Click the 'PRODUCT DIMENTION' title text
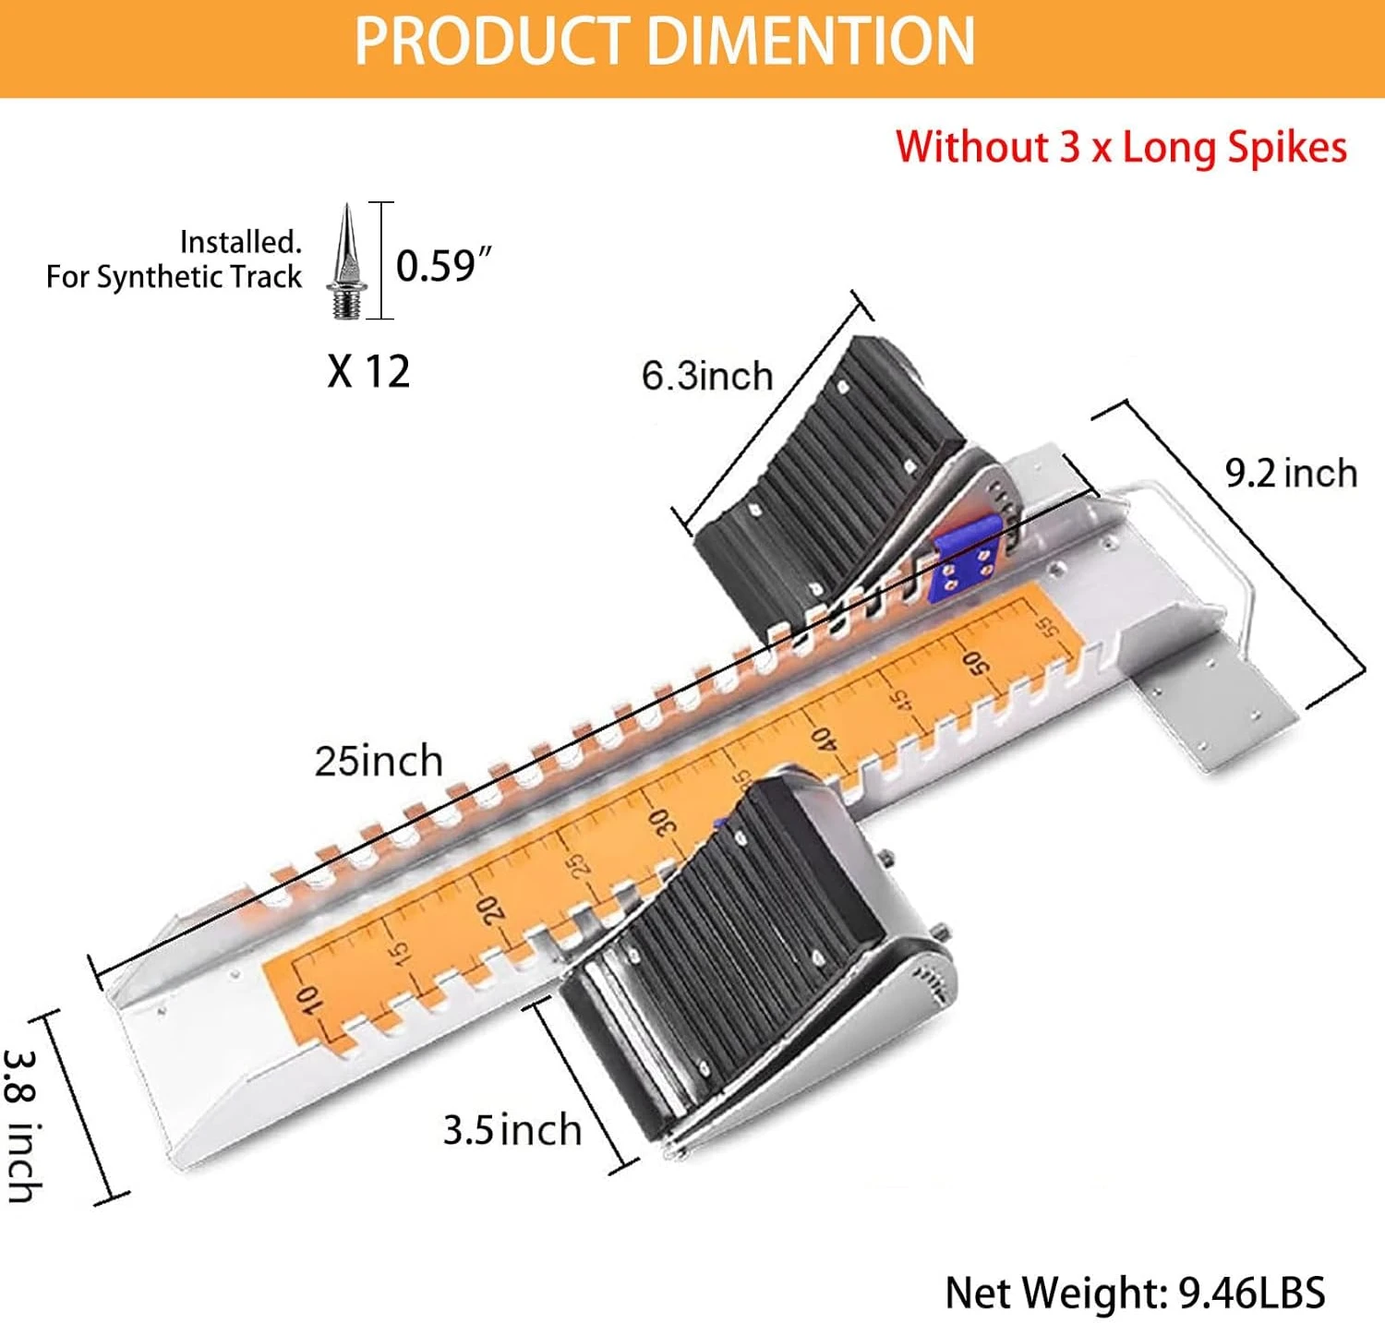point(665,41)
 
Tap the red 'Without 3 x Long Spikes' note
point(1121,148)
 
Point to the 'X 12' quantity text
point(368,371)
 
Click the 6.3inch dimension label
point(707,377)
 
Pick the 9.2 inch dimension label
point(1291,474)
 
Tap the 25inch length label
point(379,762)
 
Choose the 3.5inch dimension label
point(512,1130)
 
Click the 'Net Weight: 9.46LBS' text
point(1135,1293)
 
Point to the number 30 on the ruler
point(663,821)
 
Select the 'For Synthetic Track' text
point(175,276)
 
